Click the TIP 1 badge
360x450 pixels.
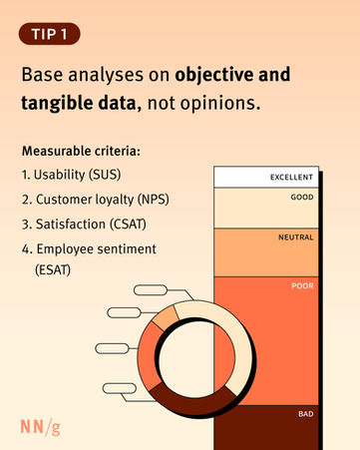50,34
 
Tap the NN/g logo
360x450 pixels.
40,427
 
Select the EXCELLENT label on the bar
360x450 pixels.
291,178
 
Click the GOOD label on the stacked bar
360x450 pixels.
302,197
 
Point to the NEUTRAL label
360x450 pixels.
296,237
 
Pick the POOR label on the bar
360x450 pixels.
302,285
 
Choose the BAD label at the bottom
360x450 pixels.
306,414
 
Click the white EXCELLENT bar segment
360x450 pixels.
266,177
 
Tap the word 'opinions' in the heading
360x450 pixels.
219,104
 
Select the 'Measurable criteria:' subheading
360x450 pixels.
81,151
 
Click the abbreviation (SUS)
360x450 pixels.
105,175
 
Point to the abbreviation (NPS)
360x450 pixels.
154,200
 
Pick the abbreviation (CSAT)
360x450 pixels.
128,224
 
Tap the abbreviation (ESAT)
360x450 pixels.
53,269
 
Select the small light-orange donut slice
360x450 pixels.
166,318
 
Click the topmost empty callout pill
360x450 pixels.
151,290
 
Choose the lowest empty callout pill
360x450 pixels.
120,388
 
